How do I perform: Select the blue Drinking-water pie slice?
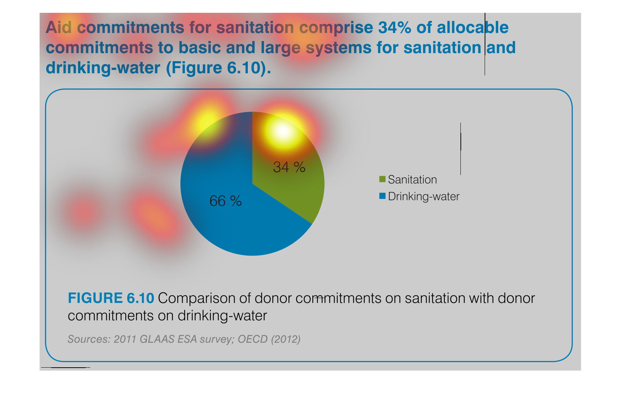click(x=227, y=220)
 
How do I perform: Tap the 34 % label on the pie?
click(x=289, y=167)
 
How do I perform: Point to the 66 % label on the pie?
click(x=225, y=201)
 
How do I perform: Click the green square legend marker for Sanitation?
click(x=382, y=179)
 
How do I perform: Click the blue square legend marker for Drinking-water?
click(x=382, y=196)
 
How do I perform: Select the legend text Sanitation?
click(x=412, y=179)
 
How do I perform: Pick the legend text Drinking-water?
click(x=423, y=197)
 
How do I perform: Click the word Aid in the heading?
click(x=59, y=28)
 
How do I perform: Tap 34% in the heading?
click(x=394, y=28)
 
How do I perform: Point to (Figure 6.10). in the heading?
click(x=218, y=68)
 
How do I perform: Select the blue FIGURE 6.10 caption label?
click(x=111, y=298)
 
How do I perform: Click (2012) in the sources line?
click(x=286, y=339)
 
